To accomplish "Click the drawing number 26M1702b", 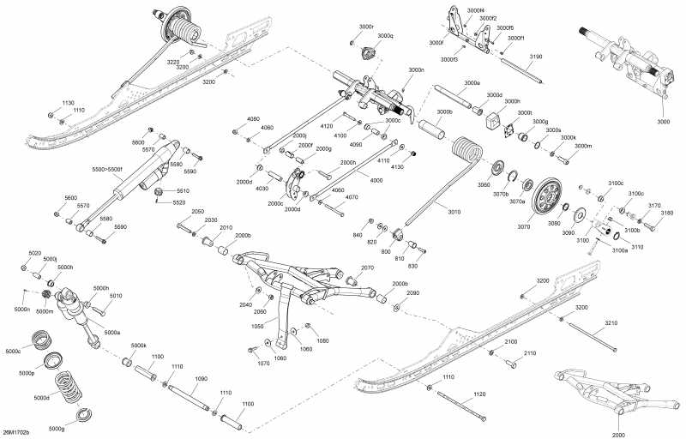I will pos(16,432).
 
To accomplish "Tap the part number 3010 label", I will pos(453,211).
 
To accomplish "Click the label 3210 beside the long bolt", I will pos(610,322).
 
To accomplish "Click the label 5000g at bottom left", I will pos(57,428).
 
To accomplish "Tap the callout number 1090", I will pos(202,377).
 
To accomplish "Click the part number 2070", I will pos(367,268).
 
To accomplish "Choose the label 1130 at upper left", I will pos(69,102).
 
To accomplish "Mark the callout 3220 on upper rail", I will pos(173,62).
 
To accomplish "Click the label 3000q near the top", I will pos(386,36).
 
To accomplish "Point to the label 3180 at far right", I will pos(667,213).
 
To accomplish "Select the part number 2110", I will pos(529,353).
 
